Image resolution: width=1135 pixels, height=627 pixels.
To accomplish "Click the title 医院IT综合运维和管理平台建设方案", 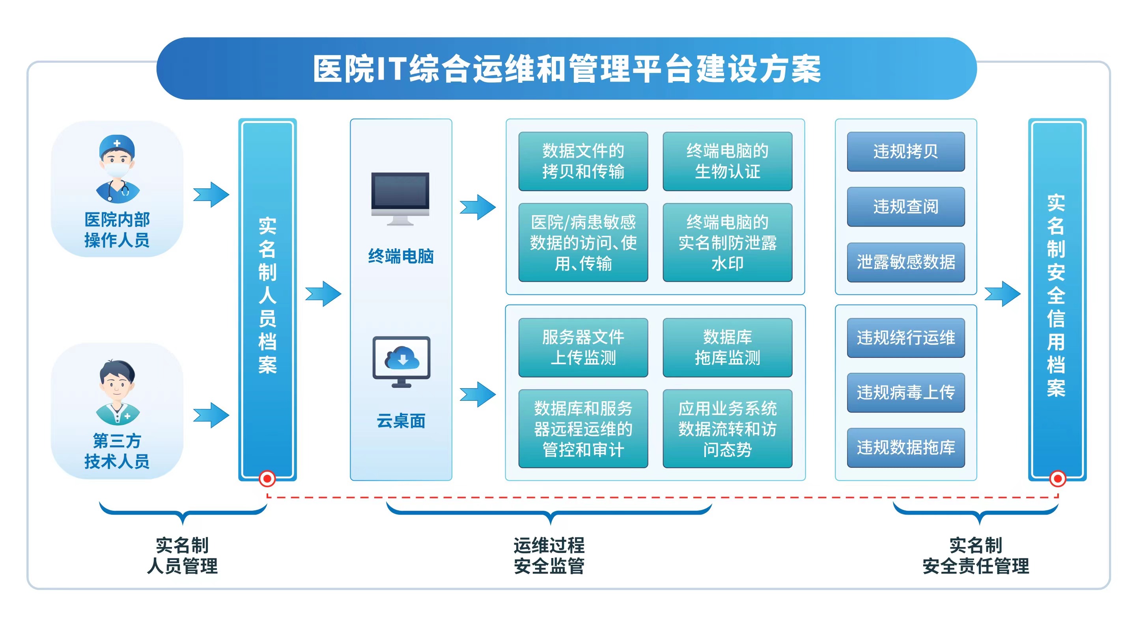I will coord(567,69).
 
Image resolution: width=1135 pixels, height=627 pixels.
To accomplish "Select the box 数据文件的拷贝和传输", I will coord(583,161).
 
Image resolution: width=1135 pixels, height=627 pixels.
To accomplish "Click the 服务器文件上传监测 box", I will coord(583,348).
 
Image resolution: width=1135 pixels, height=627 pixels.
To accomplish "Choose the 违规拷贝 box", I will coord(905,151).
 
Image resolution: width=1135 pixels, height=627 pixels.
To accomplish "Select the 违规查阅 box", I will coord(905,207).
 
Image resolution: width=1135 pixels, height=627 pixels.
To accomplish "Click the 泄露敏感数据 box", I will coord(905,262).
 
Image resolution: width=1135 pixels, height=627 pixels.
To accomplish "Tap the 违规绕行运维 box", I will coord(905,338).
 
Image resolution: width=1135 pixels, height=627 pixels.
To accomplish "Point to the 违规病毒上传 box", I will coord(905,392).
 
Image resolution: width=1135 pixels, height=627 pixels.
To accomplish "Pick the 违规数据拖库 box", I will coord(905,447).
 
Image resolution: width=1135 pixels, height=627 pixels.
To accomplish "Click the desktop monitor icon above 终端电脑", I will coord(400,198).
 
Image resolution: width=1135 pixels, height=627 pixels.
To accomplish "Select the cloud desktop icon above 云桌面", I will coord(401,361).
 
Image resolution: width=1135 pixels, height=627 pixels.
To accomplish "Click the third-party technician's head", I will coord(117,381).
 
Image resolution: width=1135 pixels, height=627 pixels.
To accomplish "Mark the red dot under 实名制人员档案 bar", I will coord(267,478).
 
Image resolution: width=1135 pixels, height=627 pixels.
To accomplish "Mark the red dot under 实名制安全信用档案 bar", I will coord(1057,478).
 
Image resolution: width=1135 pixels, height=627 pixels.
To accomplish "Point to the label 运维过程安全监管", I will coord(549,556).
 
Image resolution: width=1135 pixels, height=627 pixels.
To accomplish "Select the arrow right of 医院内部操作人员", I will coord(211,194).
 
